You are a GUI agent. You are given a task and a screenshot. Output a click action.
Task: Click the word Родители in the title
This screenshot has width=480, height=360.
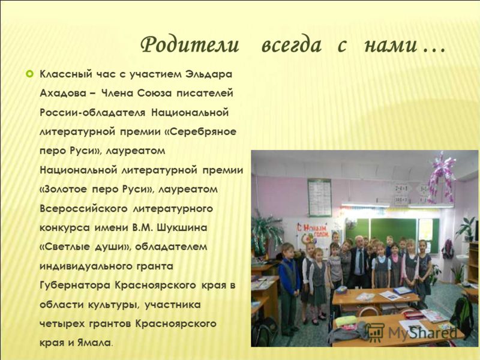coord(190,45)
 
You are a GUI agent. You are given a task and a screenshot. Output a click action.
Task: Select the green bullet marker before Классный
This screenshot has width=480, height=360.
coord(29,74)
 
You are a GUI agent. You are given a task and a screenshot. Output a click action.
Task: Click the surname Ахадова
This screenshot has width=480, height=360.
coord(63,93)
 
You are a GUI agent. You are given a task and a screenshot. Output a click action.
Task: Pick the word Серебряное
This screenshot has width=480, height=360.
coord(202,132)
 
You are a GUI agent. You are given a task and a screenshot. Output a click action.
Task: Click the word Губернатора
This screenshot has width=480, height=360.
coord(76,286)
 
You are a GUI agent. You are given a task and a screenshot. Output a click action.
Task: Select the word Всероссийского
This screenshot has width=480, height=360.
coord(83,209)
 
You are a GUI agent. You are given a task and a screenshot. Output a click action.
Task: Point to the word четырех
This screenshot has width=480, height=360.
coord(62,324)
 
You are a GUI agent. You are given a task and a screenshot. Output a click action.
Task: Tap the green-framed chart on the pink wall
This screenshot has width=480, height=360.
coord(320,198)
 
